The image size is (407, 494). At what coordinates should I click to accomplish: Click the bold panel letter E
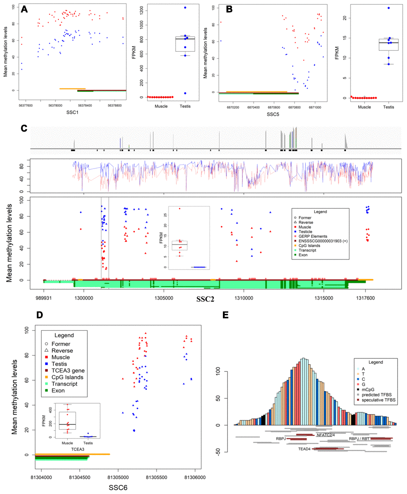(x=226, y=315)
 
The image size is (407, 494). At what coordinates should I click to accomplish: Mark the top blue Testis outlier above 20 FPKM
(x=389, y=8)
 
